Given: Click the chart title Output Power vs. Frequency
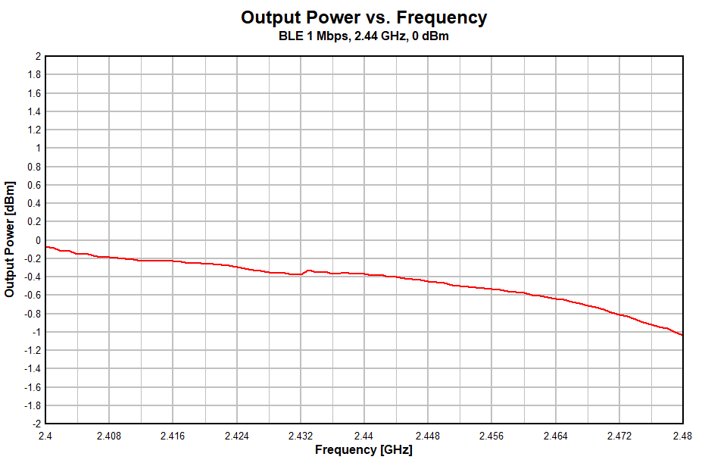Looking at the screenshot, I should click(x=363, y=17).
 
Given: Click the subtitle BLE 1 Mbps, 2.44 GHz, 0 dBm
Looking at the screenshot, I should click(x=363, y=36).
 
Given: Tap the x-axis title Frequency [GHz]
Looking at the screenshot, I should click(x=363, y=449).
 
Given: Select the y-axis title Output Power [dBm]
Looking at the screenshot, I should click(x=10, y=239).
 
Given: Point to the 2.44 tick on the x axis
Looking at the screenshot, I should click(x=364, y=436).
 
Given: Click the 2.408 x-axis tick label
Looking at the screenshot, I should click(x=109, y=436).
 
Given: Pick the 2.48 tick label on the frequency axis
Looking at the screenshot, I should click(x=682, y=436).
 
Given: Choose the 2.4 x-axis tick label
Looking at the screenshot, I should click(x=45, y=436).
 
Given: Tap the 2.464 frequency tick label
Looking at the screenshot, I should click(x=555, y=436).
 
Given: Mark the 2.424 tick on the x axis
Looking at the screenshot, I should click(x=237, y=436).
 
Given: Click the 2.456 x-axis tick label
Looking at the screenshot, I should click(x=491, y=436).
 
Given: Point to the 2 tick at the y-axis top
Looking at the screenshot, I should click(x=37, y=56).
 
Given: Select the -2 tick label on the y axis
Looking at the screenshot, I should click(x=35, y=424).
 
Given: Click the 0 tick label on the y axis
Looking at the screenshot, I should click(x=37, y=240).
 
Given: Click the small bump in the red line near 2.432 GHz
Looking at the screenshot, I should click(x=309, y=270).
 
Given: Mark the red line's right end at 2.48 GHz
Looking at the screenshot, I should click(x=682, y=335).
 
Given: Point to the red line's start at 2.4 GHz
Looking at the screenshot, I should click(x=46, y=246).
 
